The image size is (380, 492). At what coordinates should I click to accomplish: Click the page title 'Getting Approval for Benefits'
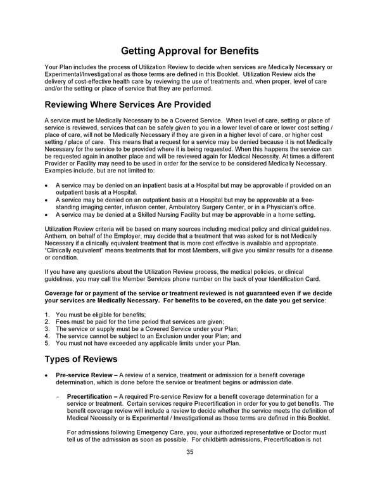coord(189,51)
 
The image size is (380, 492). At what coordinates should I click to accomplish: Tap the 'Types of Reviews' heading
coord(80,359)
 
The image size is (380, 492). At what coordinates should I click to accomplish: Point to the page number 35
coord(189,452)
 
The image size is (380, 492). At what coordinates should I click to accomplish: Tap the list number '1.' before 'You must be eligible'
coord(48,315)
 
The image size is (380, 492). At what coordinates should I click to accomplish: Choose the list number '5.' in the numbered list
coord(48,344)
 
